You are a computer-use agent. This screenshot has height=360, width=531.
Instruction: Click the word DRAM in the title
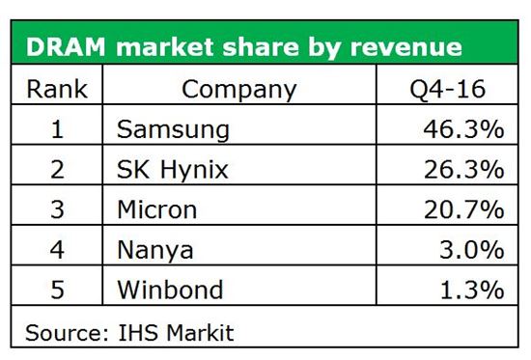point(66,46)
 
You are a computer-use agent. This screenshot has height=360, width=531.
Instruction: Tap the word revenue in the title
point(406,46)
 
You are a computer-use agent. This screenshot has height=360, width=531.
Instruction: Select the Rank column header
point(57,89)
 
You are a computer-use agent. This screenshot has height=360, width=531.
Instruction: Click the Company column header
point(239,90)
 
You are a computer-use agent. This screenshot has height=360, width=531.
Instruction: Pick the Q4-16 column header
point(448,89)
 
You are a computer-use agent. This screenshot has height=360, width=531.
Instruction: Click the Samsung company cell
point(173,130)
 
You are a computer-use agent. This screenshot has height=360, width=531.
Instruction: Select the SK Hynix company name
point(173,169)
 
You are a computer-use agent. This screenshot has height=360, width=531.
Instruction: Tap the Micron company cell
point(156,209)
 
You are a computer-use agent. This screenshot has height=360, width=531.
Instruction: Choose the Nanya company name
point(155,251)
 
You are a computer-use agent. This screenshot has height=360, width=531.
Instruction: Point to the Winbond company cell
point(170,290)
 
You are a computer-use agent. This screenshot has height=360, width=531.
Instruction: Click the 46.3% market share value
point(463,129)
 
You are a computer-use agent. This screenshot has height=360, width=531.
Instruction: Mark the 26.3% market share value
point(463,169)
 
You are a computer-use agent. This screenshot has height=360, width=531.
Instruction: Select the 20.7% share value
point(463,209)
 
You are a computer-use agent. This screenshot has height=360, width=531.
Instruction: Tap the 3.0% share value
point(472,250)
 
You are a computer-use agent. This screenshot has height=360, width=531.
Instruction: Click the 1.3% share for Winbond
point(472,290)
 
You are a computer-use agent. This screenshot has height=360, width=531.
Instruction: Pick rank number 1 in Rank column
point(57,129)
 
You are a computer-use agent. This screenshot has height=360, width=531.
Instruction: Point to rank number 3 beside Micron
point(57,209)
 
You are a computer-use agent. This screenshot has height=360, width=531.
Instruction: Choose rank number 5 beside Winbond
point(57,290)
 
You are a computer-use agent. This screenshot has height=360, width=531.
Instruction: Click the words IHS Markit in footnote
point(176,333)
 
